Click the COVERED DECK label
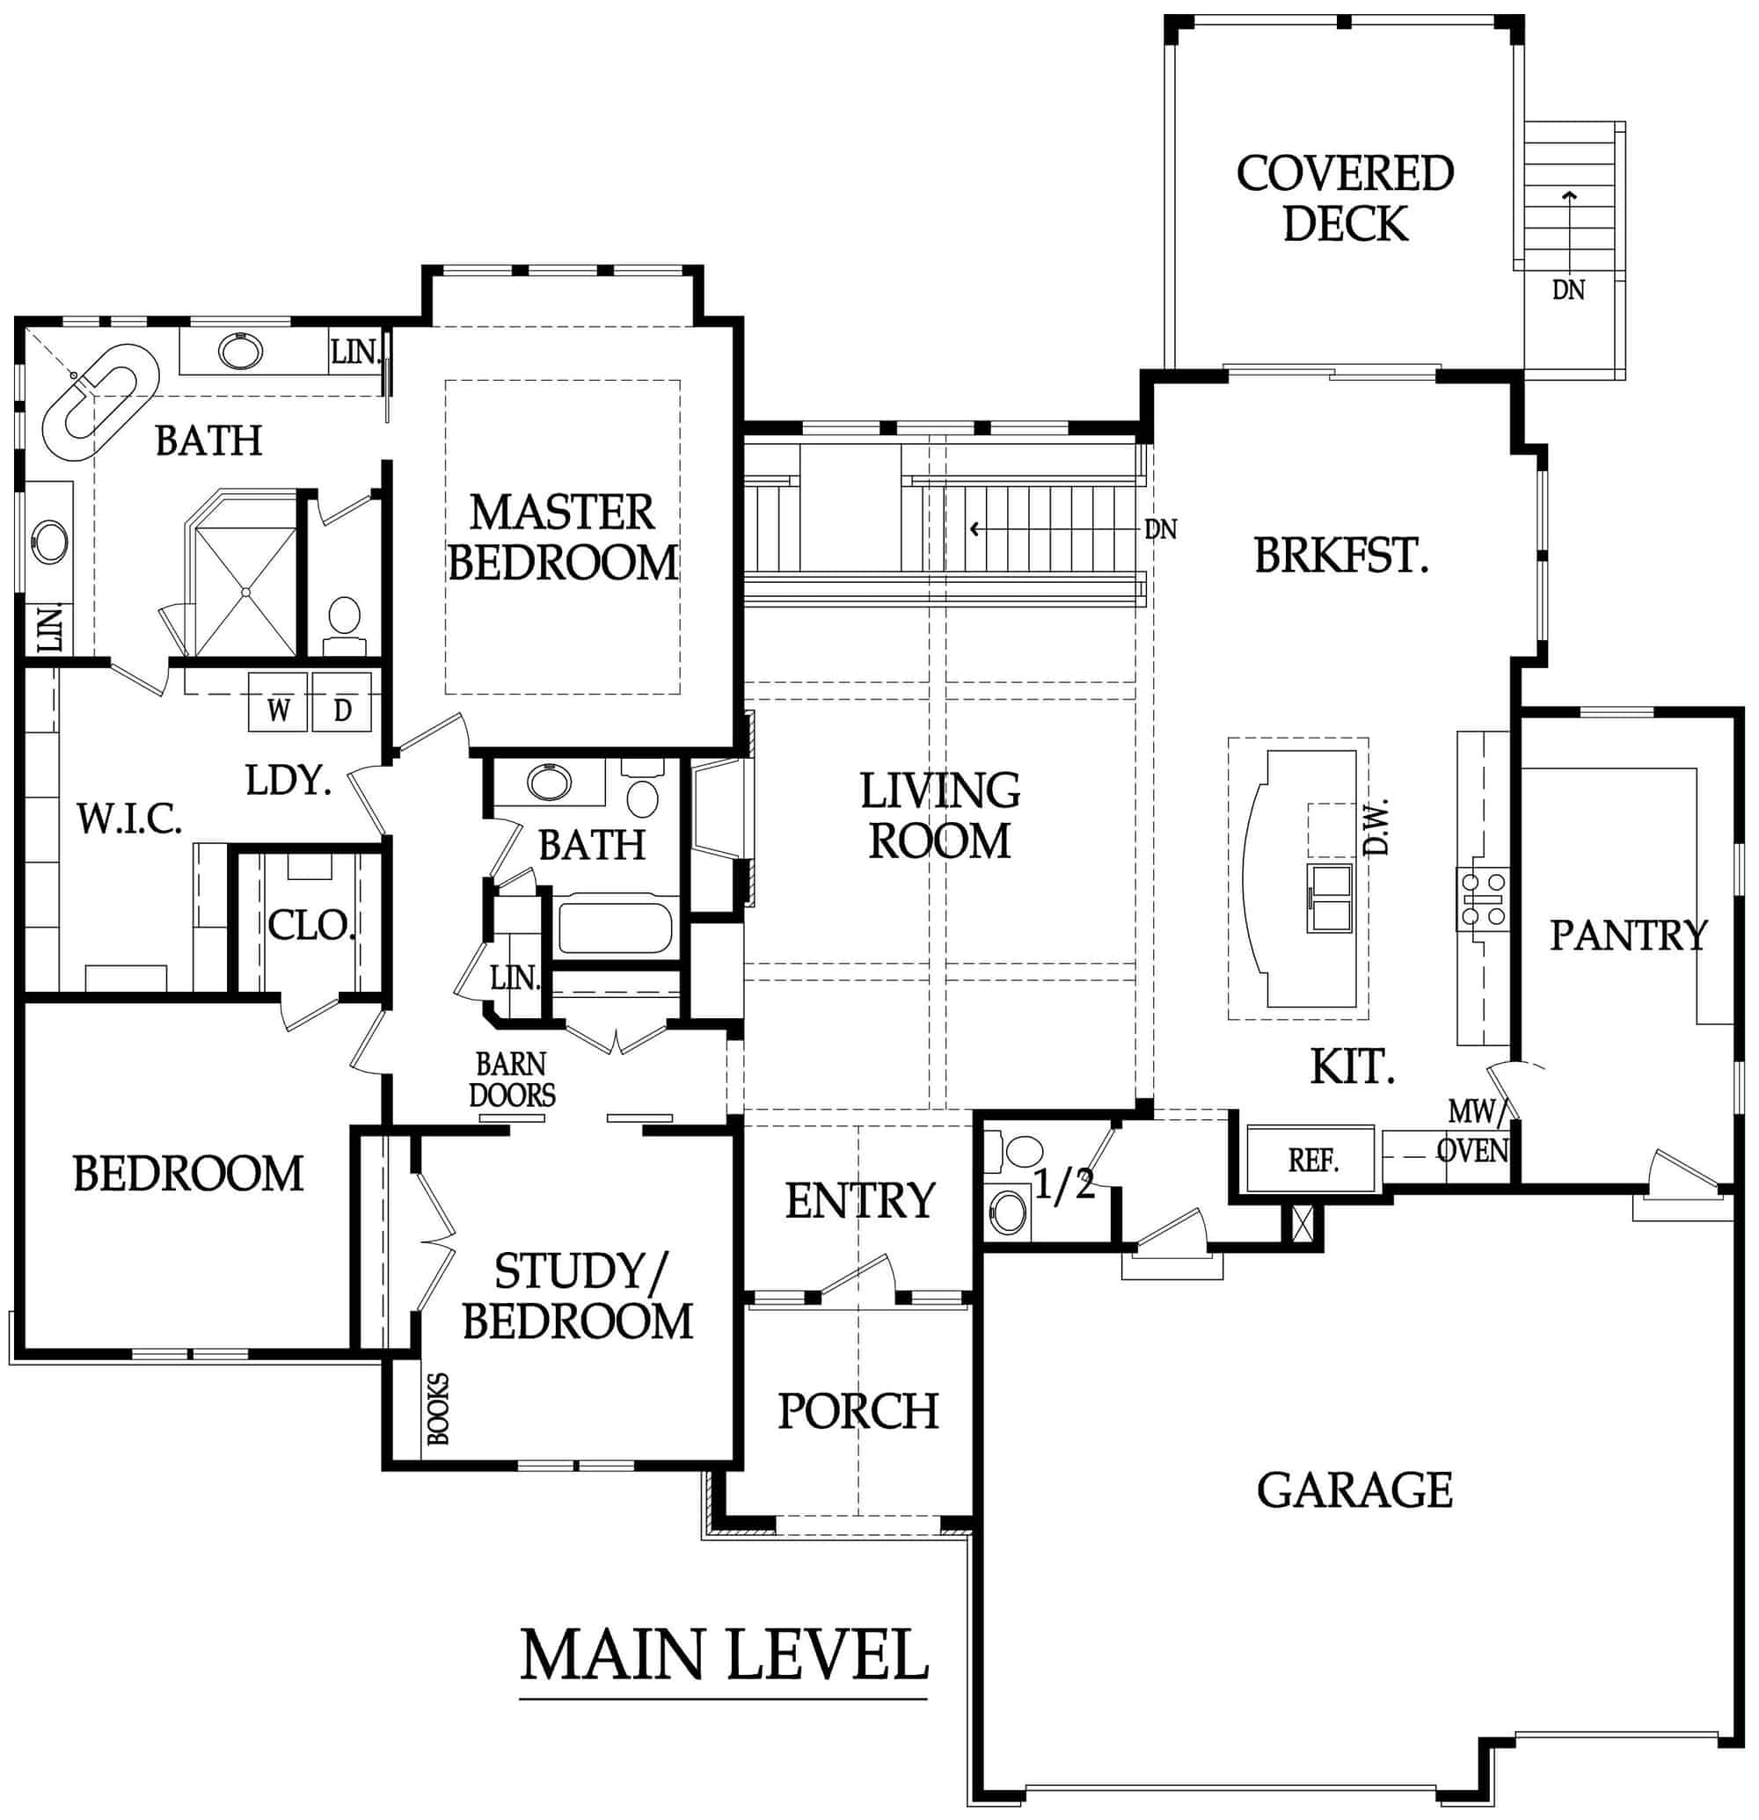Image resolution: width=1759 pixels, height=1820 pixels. click(x=1344, y=199)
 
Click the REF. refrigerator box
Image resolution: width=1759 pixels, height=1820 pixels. click(x=1310, y=1159)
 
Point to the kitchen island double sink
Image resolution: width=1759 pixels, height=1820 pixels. click(x=1330, y=896)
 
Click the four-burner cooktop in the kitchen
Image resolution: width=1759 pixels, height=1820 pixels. click(x=1482, y=898)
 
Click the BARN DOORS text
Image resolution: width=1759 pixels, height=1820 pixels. click(x=512, y=1079)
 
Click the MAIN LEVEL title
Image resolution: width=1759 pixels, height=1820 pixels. click(x=724, y=1655)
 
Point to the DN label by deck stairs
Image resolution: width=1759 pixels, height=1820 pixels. click(x=1567, y=291)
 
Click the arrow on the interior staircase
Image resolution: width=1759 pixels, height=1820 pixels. click(x=977, y=529)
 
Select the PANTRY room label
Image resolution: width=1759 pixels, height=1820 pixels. click(x=1628, y=935)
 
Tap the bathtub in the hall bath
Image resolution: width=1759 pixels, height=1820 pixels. click(x=614, y=928)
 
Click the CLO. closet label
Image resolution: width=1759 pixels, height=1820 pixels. click(x=310, y=925)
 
